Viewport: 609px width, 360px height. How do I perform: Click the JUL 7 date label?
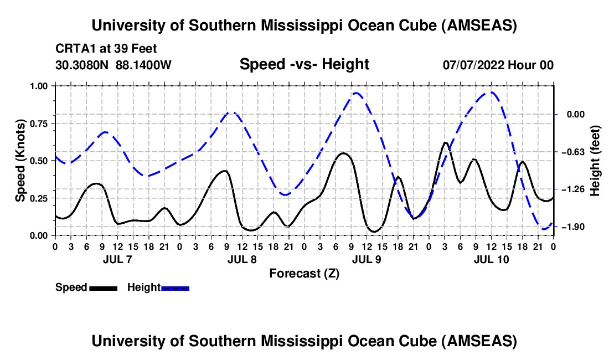117,259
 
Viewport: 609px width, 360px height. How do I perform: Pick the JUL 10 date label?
491,259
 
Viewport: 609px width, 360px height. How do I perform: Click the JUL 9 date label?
367,259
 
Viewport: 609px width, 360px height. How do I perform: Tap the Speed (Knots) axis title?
20,161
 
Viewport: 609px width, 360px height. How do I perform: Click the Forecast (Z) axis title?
304,273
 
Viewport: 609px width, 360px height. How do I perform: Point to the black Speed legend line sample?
103,287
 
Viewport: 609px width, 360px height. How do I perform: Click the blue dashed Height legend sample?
175,287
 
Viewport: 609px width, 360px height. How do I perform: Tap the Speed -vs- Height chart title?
304,64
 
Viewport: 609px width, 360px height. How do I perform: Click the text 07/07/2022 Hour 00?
498,65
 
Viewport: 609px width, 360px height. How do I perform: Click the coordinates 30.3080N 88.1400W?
113,65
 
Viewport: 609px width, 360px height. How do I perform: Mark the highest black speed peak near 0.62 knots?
445,143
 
